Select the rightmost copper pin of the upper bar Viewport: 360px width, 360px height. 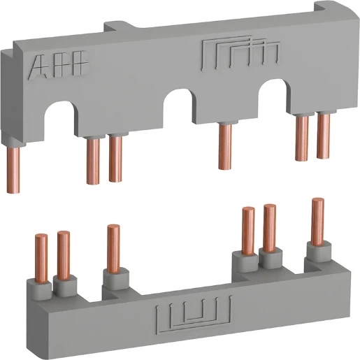pyautogui.click(x=323, y=136)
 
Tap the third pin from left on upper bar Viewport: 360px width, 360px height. pyautogui.click(x=115, y=159)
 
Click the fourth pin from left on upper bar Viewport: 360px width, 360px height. pyautogui.click(x=224, y=150)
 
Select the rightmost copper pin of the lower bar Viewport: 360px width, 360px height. pyautogui.click(x=317, y=220)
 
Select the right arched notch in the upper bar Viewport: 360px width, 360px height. pyautogui.click(x=275, y=91)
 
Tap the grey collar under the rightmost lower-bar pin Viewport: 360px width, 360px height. pyautogui.click(x=317, y=251)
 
